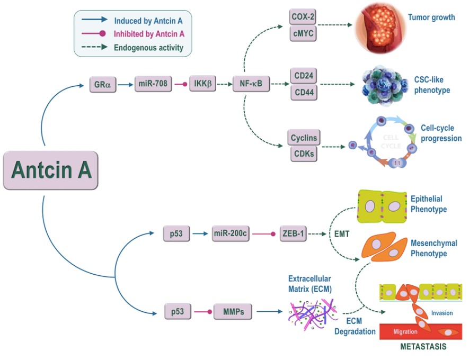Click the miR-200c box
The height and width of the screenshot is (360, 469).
(231, 234)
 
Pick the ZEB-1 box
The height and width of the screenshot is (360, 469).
(293, 234)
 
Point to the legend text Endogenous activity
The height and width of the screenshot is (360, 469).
(148, 48)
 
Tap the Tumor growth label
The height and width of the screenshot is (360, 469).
(431, 17)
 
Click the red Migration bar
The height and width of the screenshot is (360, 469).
(419, 331)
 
